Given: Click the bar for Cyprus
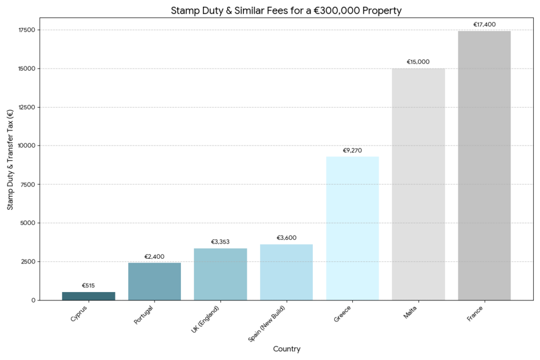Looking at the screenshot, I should pyautogui.click(x=89, y=296).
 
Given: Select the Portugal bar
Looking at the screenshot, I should pyautogui.click(x=155, y=281).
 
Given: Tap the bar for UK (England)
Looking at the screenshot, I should pyautogui.click(x=220, y=274).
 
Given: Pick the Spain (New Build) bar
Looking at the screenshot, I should pyautogui.click(x=286, y=272).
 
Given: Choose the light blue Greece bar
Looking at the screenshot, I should pyautogui.click(x=352, y=228).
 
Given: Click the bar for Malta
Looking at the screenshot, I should pyautogui.click(x=418, y=184).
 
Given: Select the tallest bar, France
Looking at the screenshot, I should pyautogui.click(x=484, y=166).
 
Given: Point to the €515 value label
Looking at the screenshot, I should pyautogui.click(x=89, y=286).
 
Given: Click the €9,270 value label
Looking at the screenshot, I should pyautogui.click(x=352, y=150).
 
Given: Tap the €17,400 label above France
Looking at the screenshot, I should pyautogui.click(x=484, y=25).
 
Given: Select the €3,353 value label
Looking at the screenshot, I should pyautogui.click(x=220, y=242).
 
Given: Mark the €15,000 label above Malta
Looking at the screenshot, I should pyautogui.click(x=418, y=62).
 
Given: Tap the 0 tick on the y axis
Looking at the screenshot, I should pyautogui.click(x=33, y=300).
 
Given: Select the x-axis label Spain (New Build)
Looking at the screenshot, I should pyautogui.click(x=267, y=323).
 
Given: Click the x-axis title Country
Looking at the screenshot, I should pyautogui.click(x=286, y=349).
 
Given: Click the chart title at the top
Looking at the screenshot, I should pyautogui.click(x=286, y=11).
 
